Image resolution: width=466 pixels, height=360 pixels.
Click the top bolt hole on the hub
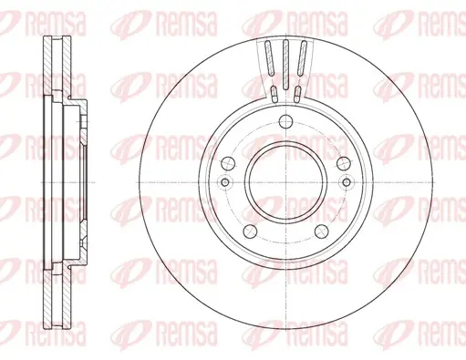[x=285, y=122]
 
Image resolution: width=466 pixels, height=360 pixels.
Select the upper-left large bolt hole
[x=228, y=164]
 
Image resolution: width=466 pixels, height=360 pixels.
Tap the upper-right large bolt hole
[x=344, y=164]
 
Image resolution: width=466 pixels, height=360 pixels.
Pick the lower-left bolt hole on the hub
[x=250, y=231]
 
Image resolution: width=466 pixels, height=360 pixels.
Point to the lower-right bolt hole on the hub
[x=321, y=231]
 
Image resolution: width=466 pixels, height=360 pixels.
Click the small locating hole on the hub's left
[x=225, y=182]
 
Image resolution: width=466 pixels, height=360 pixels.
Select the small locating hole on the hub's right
[x=347, y=182]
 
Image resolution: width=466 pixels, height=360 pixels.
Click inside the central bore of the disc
[x=285, y=182]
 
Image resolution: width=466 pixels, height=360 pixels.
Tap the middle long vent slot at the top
[x=285, y=65]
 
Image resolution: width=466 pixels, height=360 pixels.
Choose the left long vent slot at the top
[x=269, y=57]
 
